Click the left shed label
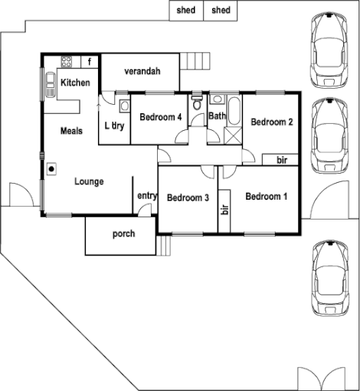pyautogui.click(x=186, y=10)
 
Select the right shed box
pyautogui.click(x=221, y=10)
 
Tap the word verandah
pyautogui.click(x=142, y=72)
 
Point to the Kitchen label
pyautogui.click(x=76, y=82)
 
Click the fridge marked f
pyautogui.click(x=90, y=60)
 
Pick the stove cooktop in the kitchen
pyautogui.click(x=67, y=60)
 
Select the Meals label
pyautogui.click(x=71, y=131)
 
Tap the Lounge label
pyautogui.click(x=89, y=181)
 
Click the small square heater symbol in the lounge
pyautogui.click(x=51, y=169)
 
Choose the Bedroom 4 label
pyautogui.click(x=161, y=117)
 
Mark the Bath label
pyautogui.click(x=217, y=116)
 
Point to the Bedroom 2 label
pyautogui.click(x=272, y=121)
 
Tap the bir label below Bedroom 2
pyautogui.click(x=281, y=159)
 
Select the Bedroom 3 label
pyautogui.click(x=188, y=197)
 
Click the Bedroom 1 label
pyautogui.click(x=267, y=197)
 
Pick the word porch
pyautogui.click(x=123, y=233)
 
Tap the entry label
pyautogui.click(x=146, y=196)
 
